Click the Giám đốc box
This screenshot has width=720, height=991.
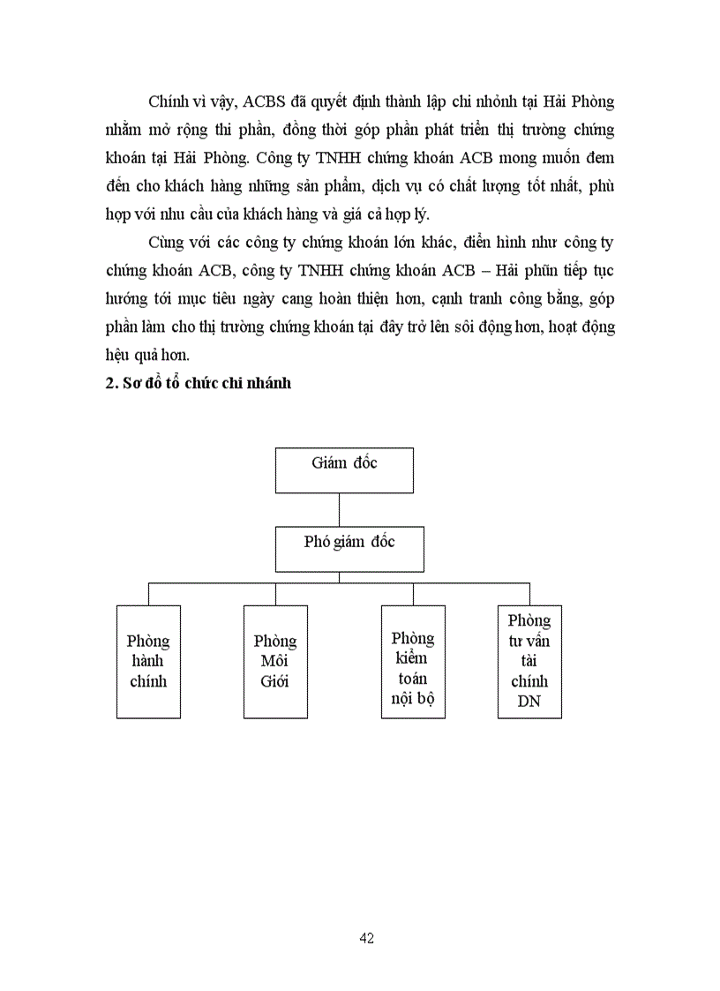pyautogui.click(x=344, y=469)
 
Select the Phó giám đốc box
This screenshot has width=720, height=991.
pyautogui.click(x=349, y=548)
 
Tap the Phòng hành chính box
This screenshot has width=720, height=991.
pyautogui.click(x=148, y=661)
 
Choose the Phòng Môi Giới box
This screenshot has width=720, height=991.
pyautogui.click(x=275, y=661)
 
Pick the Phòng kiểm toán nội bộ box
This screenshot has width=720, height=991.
pyautogui.click(x=413, y=661)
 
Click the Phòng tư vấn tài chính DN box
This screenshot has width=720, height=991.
pyautogui.click(x=529, y=661)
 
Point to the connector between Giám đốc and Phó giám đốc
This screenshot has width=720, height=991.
pyautogui.click(x=340, y=509)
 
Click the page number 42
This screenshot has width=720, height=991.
pyautogui.click(x=367, y=938)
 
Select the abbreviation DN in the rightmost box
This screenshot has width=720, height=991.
pyautogui.click(x=529, y=702)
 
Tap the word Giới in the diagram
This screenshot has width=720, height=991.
pyautogui.click(x=275, y=681)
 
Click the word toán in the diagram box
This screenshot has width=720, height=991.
pyautogui.click(x=413, y=679)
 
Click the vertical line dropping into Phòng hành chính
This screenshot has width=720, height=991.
pyautogui.click(x=148, y=593)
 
